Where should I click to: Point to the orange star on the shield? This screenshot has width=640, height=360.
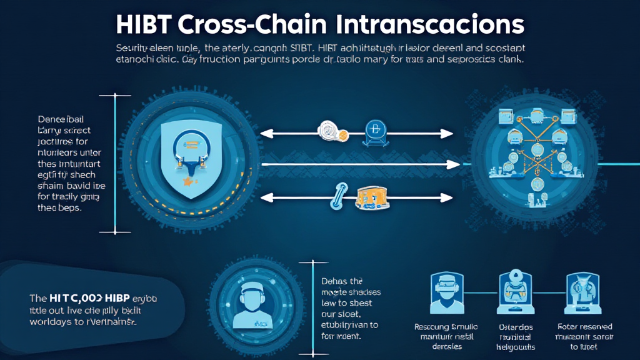pos(187,181)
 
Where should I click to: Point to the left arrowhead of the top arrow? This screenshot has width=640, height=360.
pos(264,132)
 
